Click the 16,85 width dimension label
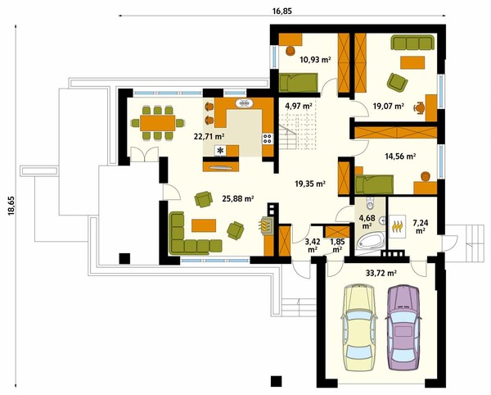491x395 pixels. click(282, 11)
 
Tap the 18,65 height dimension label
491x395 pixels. click(11, 206)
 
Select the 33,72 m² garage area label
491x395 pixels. click(381, 273)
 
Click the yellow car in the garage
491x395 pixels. click(359, 327)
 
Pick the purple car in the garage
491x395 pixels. click(403, 327)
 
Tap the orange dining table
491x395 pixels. click(157, 123)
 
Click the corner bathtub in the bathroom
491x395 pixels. click(371, 240)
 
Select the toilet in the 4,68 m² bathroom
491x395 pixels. click(371, 203)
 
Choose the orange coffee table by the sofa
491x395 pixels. click(204, 225)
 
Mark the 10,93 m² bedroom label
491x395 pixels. click(315, 59)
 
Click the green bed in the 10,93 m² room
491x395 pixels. click(299, 83)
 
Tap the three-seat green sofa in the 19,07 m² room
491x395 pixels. click(412, 43)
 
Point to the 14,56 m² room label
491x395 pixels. click(400, 156)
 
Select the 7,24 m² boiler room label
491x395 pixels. click(421, 227)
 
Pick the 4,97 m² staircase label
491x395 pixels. click(299, 106)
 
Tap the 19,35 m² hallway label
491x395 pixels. click(310, 184)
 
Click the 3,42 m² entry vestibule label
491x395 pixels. click(312, 246)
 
